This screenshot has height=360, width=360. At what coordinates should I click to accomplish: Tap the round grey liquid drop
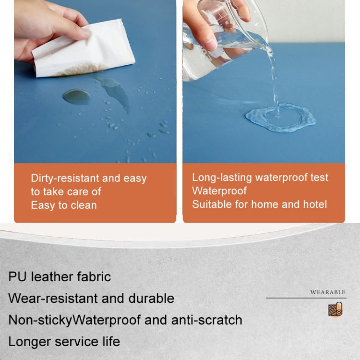(77, 97)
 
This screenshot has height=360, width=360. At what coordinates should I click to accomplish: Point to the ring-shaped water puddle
(281, 118)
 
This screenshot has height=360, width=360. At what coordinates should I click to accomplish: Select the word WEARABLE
(328, 292)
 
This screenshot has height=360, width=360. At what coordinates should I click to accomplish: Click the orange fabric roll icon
(336, 310)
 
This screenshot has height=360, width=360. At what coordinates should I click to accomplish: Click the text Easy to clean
(64, 205)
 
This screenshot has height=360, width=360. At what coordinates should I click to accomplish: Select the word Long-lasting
(222, 178)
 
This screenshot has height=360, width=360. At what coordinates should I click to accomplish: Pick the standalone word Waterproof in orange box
(219, 191)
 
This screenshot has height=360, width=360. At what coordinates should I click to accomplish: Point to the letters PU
(18, 277)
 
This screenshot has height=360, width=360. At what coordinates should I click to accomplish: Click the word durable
(151, 298)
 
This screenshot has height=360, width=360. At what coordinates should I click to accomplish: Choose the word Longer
(30, 342)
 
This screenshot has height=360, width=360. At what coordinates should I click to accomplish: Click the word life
(111, 341)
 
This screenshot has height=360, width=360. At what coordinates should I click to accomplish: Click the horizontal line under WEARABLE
(306, 298)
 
